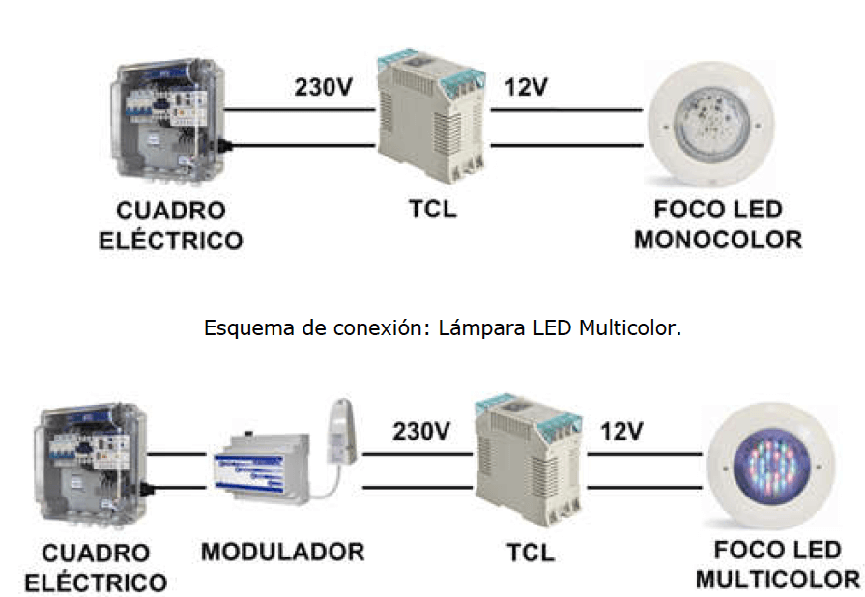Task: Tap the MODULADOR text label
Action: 282,553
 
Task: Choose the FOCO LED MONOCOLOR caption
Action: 717,224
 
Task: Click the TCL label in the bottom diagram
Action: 531,553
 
